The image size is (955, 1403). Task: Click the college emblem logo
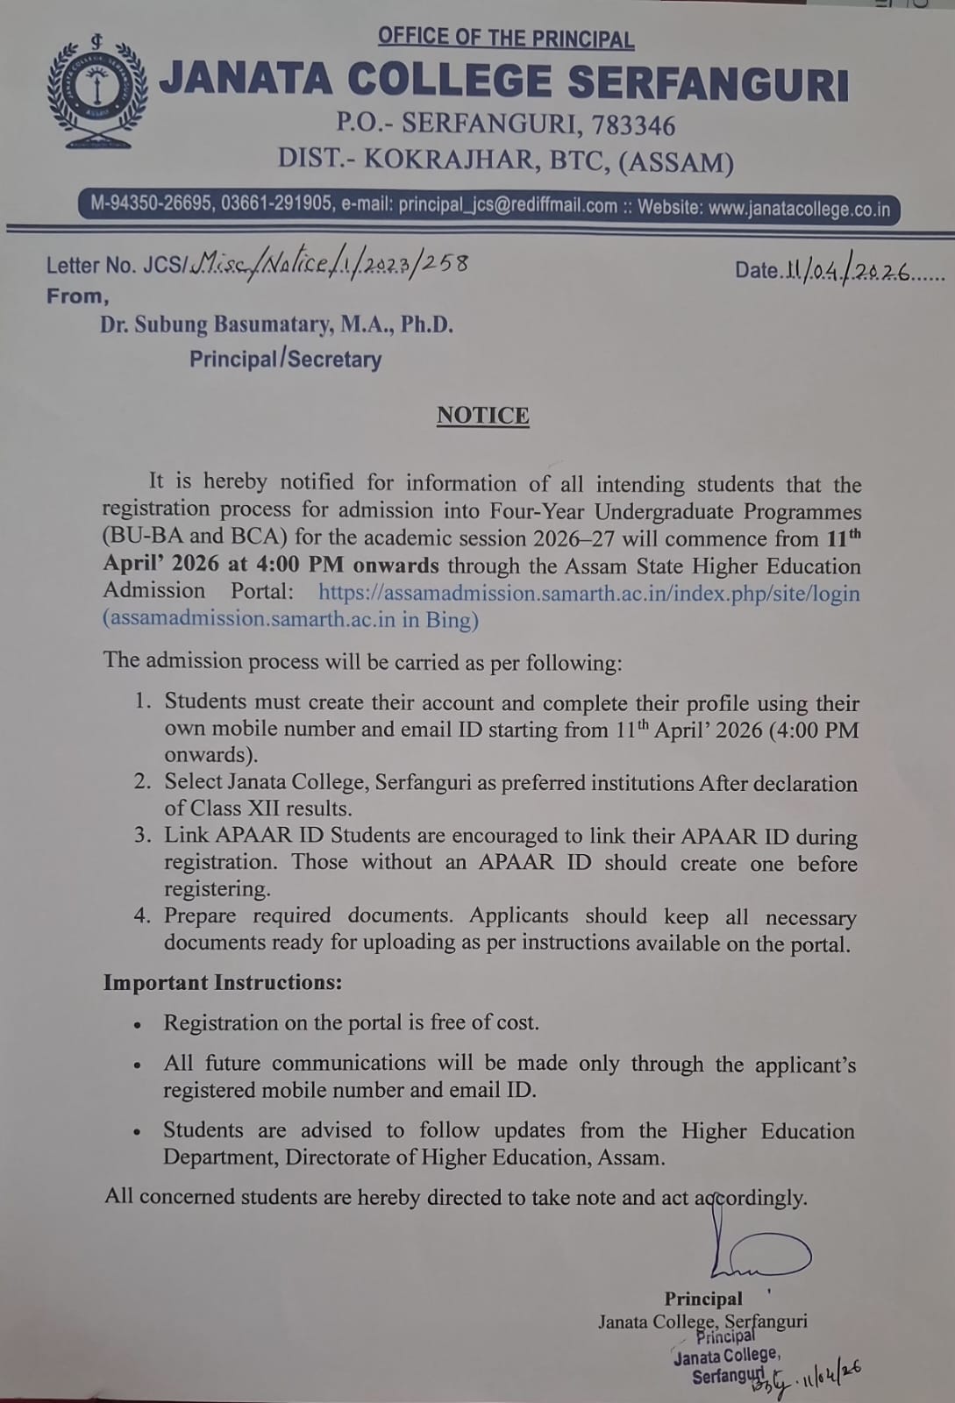coord(96,90)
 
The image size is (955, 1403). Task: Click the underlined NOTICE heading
coord(482,415)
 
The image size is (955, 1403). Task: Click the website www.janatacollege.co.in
coord(799,209)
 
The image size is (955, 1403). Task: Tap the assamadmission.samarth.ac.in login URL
coord(588,593)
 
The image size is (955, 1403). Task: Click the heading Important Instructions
coord(222,982)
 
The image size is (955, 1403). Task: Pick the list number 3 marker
coord(144,836)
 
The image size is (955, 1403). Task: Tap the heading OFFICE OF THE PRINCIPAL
coord(506,39)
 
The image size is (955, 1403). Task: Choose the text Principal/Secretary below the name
coord(285,360)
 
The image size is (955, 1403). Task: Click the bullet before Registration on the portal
coord(137,1024)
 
